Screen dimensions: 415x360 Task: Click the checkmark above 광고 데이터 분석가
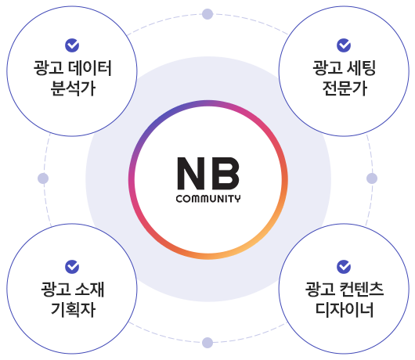72,45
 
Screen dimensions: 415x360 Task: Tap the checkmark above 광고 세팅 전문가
344,45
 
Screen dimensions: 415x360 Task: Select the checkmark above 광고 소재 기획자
72,267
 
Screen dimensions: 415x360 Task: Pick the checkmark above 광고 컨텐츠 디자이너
344,267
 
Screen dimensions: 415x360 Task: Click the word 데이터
90,68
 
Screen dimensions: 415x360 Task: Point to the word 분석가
73,88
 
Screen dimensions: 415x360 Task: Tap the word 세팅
361,68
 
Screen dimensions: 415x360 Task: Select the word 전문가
345,88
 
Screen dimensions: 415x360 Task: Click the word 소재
89,290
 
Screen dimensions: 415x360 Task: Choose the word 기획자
73,310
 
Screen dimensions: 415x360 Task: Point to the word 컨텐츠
361,290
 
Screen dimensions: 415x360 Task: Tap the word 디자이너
345,310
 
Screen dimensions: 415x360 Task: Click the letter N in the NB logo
191,174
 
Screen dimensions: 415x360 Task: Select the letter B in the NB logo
226,174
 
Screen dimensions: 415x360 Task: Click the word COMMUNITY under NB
208,199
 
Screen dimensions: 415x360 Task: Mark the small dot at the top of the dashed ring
207,14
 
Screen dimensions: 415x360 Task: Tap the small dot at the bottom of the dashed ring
207,343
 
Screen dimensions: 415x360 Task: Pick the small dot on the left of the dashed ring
43,178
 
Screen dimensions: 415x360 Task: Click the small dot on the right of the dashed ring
372,178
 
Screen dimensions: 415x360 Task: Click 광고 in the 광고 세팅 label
327,68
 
